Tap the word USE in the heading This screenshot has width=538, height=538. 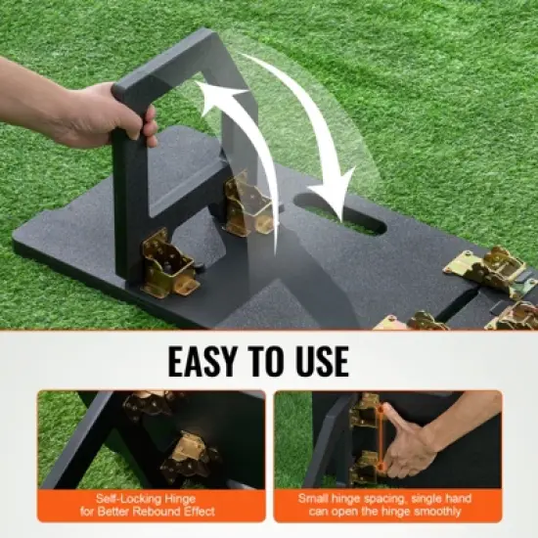coord(314,360)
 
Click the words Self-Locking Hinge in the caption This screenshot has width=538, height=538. coord(151,498)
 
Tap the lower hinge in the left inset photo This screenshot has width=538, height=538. coord(191,455)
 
